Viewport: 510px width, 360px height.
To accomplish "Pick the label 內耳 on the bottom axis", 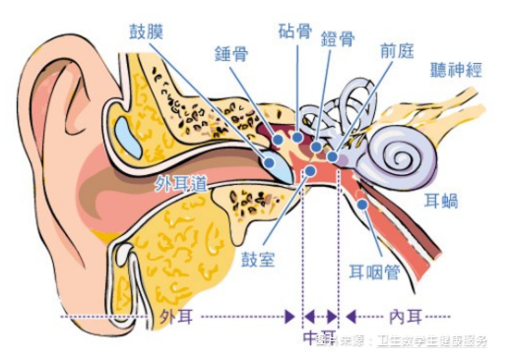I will [x=405, y=317].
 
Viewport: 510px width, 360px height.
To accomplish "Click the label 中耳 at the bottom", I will [x=319, y=337].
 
